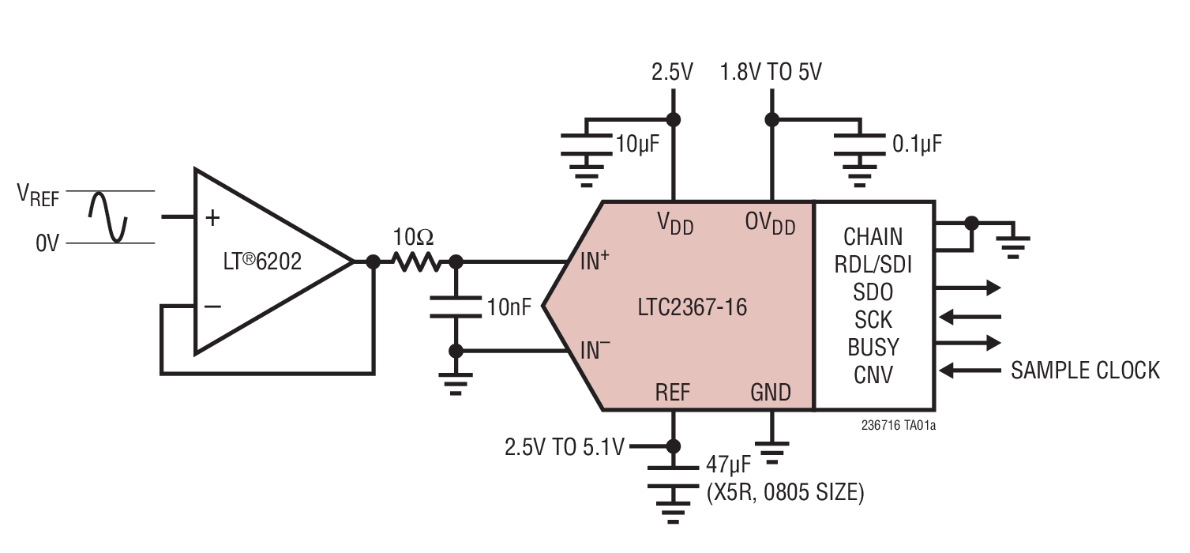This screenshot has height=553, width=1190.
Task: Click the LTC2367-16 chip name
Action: coord(692,307)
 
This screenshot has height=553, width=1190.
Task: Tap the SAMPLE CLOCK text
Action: coord(1086,370)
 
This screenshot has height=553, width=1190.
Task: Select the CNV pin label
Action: coord(873,374)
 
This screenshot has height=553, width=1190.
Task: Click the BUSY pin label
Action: coord(873,347)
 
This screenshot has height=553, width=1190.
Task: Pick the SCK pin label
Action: coord(873,319)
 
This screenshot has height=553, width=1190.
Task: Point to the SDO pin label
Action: coord(873,292)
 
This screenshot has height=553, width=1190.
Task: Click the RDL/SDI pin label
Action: coord(873,265)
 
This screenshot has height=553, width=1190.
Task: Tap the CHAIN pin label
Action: coord(873,236)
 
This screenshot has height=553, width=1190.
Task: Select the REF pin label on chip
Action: coord(672,393)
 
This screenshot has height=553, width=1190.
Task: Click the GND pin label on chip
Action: coord(771,393)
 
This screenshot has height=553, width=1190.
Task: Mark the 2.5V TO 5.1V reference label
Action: coord(564,447)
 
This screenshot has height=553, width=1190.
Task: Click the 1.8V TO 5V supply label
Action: coord(771,73)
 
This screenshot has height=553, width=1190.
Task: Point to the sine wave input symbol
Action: coord(107,216)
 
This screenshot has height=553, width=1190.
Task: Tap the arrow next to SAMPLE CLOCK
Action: coord(970,370)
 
